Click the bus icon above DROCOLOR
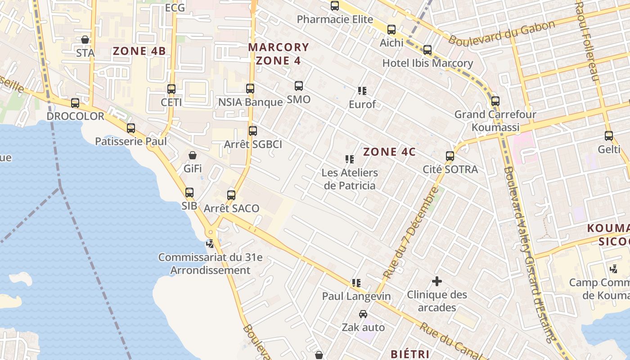coord(75,103)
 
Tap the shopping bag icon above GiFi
coord(193,156)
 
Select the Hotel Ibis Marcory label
coord(427,63)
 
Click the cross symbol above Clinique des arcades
coord(436,282)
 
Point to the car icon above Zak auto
coord(363,314)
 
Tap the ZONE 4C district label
coord(389,152)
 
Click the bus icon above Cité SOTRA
coord(450,156)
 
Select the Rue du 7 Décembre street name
coord(410,233)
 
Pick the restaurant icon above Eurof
coord(362,91)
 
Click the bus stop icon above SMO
coord(298,86)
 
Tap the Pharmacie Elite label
coord(335,19)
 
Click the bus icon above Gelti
coord(609,135)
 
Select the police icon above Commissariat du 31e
coord(210,244)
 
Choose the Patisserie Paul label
coord(130,141)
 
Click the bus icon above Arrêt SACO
coord(231,195)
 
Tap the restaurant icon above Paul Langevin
coord(356,283)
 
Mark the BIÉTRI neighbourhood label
coord(410,354)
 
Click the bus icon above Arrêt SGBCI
coord(253,131)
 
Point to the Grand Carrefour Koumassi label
coord(495,121)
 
